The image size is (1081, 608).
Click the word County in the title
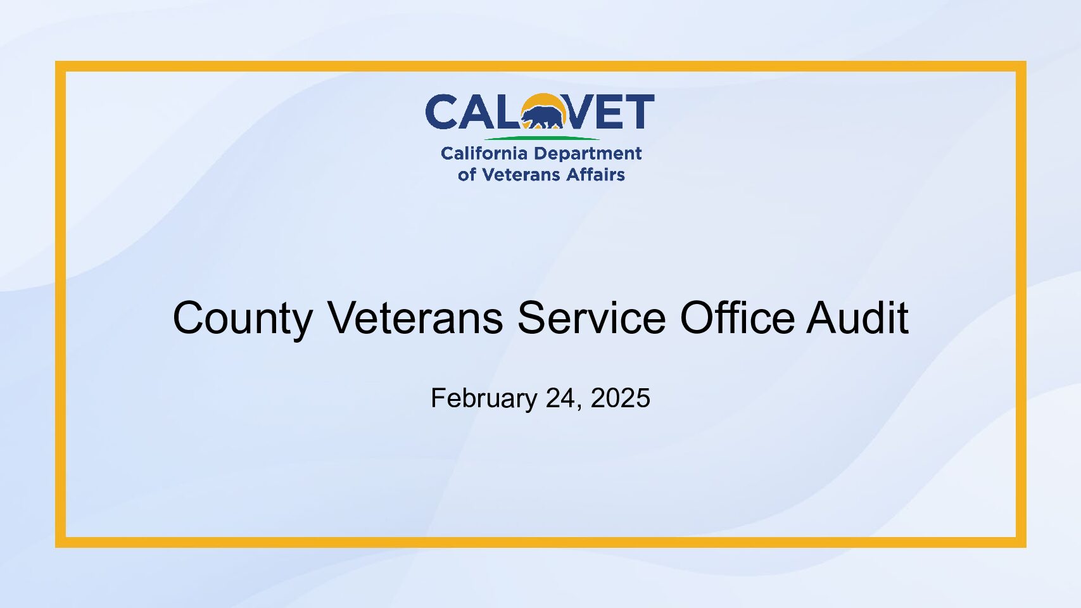pos(243,319)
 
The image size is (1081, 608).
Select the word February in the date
pos(484,399)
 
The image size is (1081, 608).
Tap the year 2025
pos(620,398)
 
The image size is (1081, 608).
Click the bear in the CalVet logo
pos(543,117)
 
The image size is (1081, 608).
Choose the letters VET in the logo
pos(609,111)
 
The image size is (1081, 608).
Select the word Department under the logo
pos(587,155)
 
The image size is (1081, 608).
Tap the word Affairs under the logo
pos(595,174)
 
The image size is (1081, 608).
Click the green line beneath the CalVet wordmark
pos(541,138)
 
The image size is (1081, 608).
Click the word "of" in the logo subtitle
pos(467,174)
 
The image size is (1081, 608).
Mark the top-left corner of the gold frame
pos(56,61)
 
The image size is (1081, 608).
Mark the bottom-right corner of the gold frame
pos(1026,547)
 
